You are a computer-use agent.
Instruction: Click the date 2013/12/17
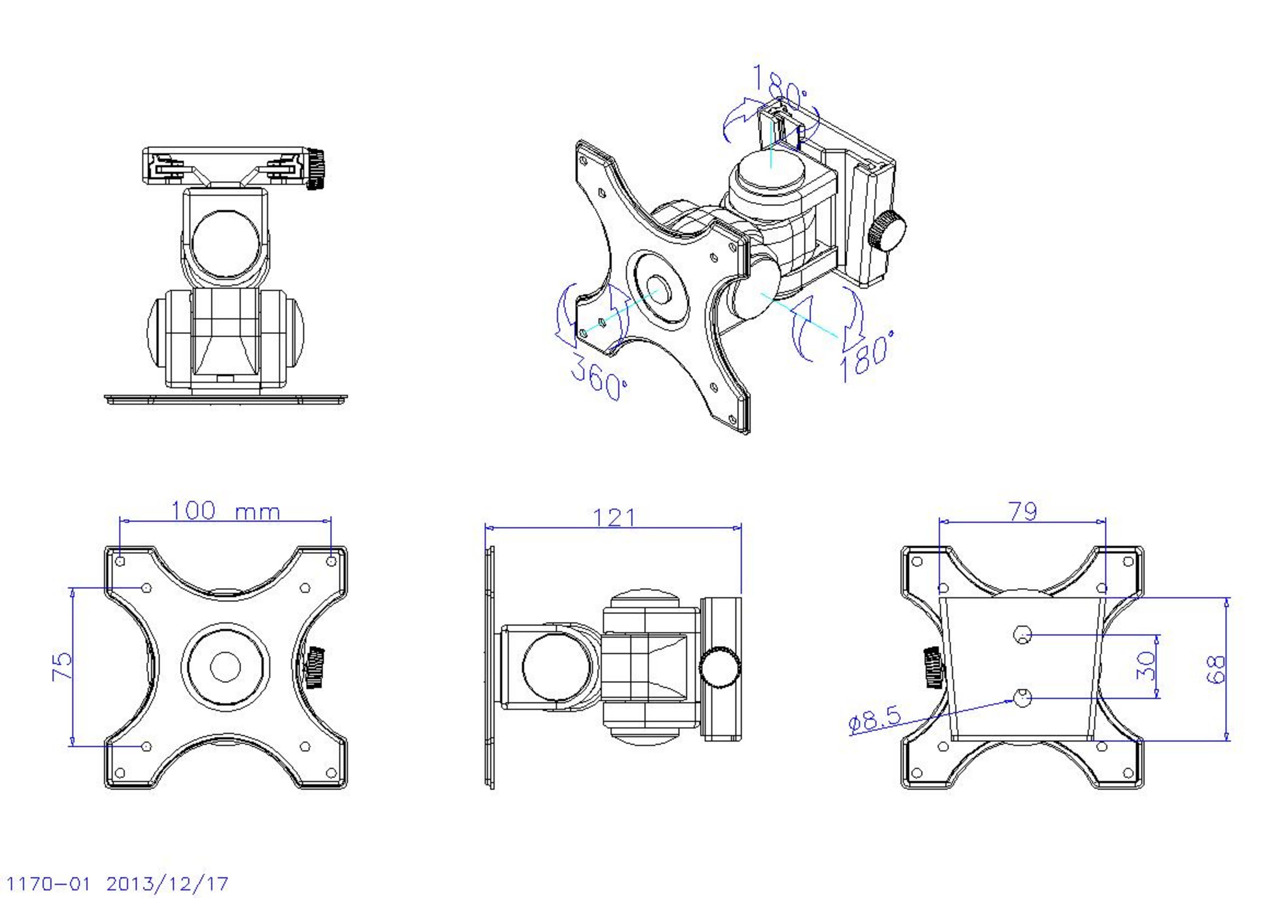(167, 883)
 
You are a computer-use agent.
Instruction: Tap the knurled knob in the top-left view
(316, 169)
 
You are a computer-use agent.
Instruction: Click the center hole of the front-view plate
(225, 666)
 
